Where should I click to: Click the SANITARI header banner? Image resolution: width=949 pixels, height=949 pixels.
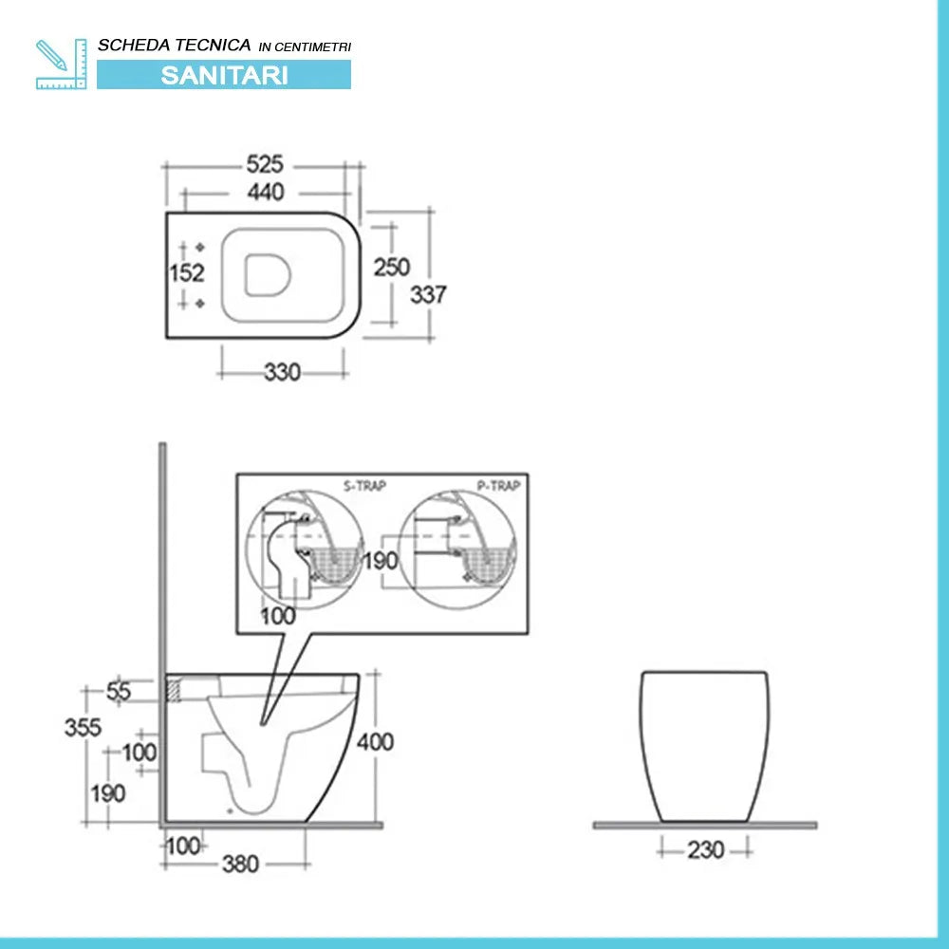click(x=224, y=75)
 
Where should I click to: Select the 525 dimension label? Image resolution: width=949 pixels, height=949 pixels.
click(x=265, y=164)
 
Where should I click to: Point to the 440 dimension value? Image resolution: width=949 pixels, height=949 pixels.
click(x=265, y=192)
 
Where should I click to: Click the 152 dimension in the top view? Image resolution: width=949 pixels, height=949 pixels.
click(x=187, y=273)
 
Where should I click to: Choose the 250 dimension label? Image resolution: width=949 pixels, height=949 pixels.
click(x=391, y=267)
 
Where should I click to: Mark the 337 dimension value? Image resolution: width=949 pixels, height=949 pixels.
click(x=428, y=294)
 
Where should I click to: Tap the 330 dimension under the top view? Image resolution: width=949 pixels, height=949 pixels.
click(x=282, y=372)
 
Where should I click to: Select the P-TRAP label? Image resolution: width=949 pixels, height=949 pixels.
click(x=498, y=487)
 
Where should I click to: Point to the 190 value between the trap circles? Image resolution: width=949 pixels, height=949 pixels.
click(x=381, y=561)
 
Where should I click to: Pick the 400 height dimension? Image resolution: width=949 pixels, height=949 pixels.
click(x=376, y=741)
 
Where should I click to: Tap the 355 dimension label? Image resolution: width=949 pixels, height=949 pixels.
click(x=83, y=728)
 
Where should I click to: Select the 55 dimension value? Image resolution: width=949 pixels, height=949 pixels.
click(x=119, y=692)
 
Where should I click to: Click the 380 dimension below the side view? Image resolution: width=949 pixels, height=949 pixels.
click(x=240, y=864)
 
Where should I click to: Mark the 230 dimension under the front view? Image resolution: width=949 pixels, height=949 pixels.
click(x=705, y=849)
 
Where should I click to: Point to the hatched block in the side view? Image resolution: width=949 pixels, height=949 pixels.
click(x=174, y=688)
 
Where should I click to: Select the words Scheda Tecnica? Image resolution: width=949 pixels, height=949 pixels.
click(x=175, y=45)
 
